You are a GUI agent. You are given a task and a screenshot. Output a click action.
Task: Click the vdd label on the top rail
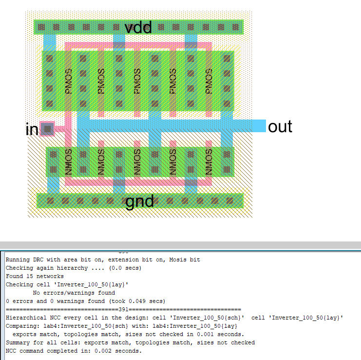[x=138, y=27]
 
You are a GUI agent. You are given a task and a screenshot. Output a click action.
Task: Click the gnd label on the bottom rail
[x=140, y=201]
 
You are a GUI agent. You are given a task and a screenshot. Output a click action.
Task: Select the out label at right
[x=280, y=126]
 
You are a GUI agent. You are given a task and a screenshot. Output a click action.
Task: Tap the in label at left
[x=32, y=130]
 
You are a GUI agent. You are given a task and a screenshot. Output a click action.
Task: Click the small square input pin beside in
[x=47, y=129]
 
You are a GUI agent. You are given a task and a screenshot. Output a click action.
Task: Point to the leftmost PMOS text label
[x=69, y=81]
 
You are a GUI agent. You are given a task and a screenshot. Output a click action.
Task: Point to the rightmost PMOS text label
[x=209, y=81]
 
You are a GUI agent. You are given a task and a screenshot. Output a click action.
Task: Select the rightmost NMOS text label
[x=209, y=161]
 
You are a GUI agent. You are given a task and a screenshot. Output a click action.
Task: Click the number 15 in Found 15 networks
[x=28, y=276]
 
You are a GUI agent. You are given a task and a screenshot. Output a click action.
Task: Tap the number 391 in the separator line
[x=123, y=309]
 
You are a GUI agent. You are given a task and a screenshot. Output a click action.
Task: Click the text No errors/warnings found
[x=74, y=293]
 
